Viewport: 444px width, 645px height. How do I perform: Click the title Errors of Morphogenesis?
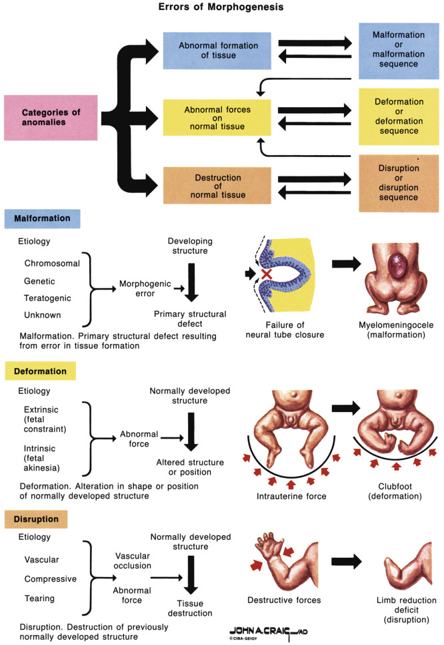click(221, 9)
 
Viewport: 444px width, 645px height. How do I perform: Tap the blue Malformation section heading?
click(42, 219)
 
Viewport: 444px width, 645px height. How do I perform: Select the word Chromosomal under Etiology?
click(52, 263)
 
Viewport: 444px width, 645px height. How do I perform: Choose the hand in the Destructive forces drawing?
click(272, 542)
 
